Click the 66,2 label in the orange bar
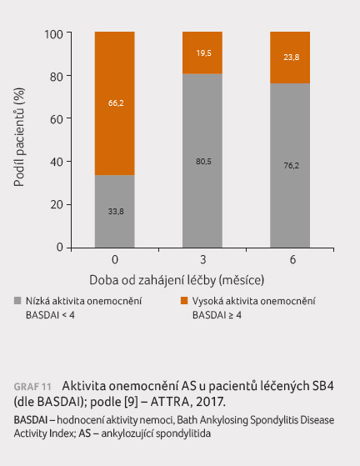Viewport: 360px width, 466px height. [116, 103]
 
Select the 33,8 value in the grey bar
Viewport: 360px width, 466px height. [116, 212]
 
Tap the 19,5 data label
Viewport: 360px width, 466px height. [204, 53]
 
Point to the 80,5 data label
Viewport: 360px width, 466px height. [204, 162]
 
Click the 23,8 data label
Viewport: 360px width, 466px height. [292, 57]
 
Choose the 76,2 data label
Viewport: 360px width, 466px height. [292, 166]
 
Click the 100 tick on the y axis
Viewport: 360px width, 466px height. [53, 34]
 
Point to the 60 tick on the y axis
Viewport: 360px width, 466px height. [57, 119]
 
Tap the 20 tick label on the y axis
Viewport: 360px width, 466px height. [57, 205]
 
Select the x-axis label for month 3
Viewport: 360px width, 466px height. [203, 260]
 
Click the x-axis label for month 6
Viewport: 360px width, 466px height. [292, 260]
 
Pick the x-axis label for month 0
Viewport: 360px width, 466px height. [115, 260]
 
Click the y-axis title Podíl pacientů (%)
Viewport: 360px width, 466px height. [19, 137]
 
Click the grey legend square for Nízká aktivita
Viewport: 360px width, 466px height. [17, 301]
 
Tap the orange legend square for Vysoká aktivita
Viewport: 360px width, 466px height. [184, 301]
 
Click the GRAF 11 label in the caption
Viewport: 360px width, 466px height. [32, 387]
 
